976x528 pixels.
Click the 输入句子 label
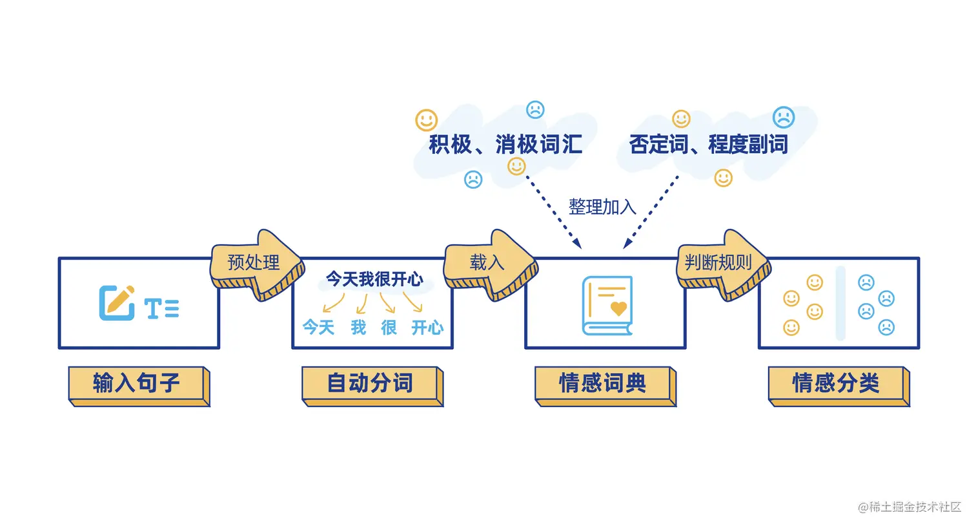[x=137, y=383]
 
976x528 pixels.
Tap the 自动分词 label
[x=370, y=383]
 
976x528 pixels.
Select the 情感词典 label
[x=603, y=383]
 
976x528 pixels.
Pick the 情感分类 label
[x=836, y=383]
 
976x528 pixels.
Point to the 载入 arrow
[x=489, y=264]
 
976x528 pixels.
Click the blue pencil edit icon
[x=116, y=302]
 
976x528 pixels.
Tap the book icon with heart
[x=607, y=306]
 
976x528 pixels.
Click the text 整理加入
[x=602, y=207]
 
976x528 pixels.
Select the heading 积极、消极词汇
[x=505, y=144]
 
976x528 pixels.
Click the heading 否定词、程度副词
[x=709, y=144]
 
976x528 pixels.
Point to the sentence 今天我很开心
[x=374, y=279]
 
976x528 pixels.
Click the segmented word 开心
[x=427, y=328]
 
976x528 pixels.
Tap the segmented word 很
[x=389, y=328]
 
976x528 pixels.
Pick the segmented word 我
[x=358, y=328]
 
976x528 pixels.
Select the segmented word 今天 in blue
[x=319, y=328]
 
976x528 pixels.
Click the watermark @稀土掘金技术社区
[x=909, y=507]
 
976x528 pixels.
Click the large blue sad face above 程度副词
[x=784, y=117]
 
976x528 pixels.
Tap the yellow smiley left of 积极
[x=426, y=120]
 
